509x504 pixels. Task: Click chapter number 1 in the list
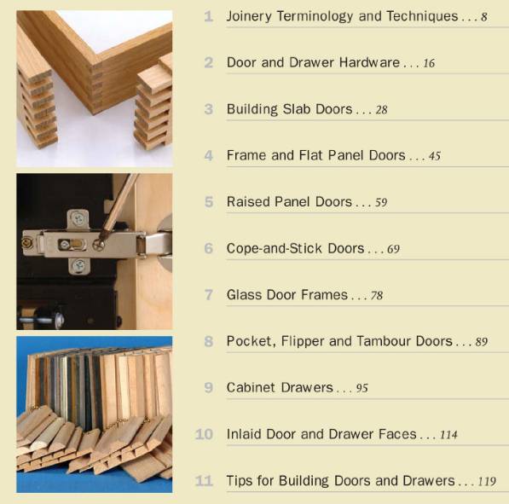(x=209, y=16)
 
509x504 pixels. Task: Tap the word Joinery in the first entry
(x=249, y=16)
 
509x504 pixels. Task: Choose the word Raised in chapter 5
(x=247, y=202)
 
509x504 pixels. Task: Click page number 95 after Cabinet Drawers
(x=362, y=388)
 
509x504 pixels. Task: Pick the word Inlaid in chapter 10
(x=246, y=434)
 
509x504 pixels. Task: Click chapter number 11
(x=204, y=481)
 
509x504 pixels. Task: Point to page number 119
(x=487, y=481)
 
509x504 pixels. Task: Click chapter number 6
(x=209, y=249)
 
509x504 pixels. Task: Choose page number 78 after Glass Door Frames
(x=376, y=296)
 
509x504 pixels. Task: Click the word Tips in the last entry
(x=241, y=481)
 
